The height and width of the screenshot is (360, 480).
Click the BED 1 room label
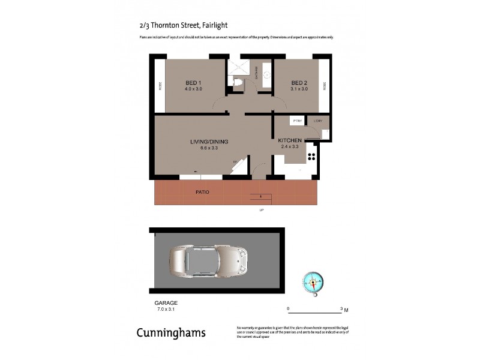[193, 82]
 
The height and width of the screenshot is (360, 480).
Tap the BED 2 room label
[299, 82]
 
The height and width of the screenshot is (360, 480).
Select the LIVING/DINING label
[209, 142]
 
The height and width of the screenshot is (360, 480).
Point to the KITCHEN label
[289, 140]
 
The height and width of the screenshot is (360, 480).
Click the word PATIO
[202, 193]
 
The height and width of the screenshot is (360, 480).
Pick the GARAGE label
[166, 303]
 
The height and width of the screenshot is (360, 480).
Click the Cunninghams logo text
[171, 333]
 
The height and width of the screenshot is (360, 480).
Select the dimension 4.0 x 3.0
[193, 89]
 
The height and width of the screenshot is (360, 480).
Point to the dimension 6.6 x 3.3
[209, 148]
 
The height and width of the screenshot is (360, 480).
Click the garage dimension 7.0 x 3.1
[166, 309]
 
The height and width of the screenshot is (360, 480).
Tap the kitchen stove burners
[312, 156]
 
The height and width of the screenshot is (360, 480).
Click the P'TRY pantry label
[297, 121]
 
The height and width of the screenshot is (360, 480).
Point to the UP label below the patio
[261, 210]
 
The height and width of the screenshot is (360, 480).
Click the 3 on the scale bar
[341, 308]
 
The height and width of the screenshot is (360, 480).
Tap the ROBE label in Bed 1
[160, 86]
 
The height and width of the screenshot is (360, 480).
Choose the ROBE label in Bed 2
[324, 86]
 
